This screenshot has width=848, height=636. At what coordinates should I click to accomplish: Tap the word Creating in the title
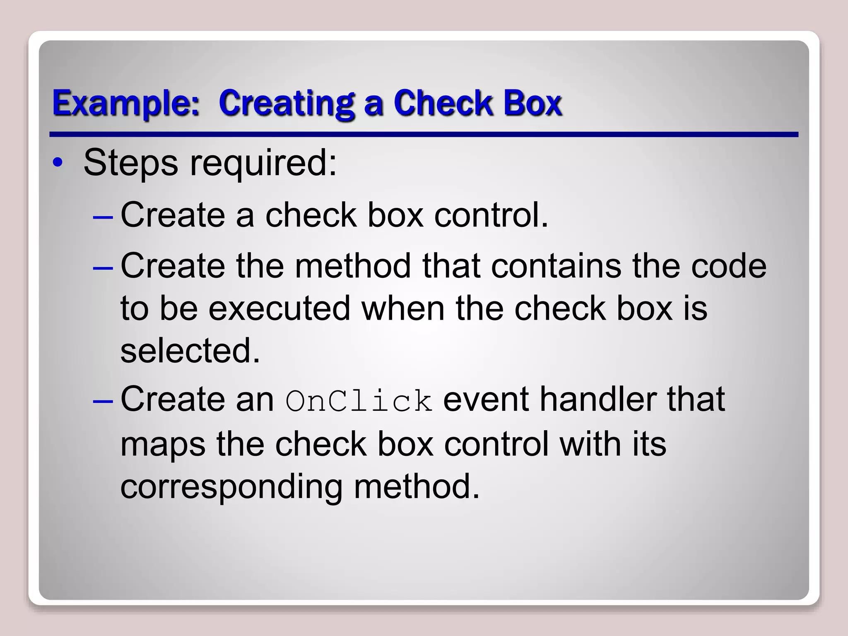286,104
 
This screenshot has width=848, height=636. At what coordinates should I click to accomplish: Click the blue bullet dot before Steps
58,162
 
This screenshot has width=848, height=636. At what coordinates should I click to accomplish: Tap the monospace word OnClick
359,401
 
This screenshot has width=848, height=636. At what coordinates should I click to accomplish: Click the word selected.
190,351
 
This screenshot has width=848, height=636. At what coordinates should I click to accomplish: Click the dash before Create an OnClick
103,401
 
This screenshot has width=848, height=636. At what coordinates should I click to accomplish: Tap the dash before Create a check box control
103,216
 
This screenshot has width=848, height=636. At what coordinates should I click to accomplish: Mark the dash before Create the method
103,267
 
